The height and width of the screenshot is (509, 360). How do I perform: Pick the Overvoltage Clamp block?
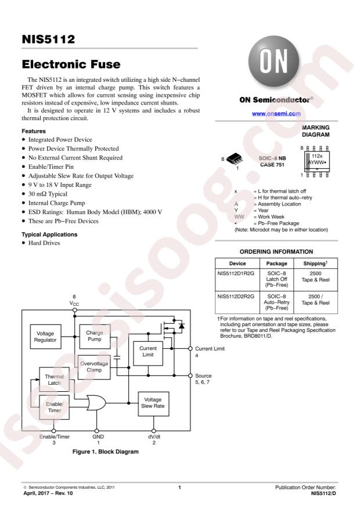pos(95,366)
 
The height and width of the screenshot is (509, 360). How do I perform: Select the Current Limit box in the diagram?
pos(149,352)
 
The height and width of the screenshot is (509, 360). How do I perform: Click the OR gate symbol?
pos(95,402)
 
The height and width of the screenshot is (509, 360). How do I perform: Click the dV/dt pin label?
pos(153,436)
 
